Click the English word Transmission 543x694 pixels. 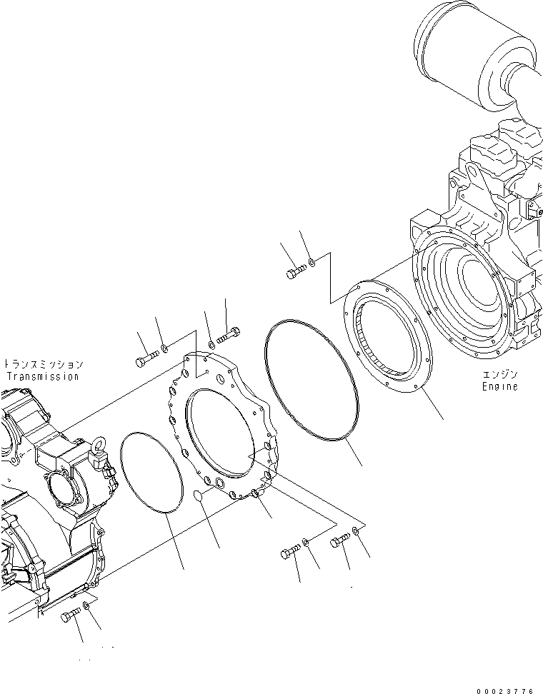(x=42, y=376)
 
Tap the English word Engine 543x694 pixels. (x=499, y=386)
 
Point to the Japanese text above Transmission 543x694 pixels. (x=44, y=364)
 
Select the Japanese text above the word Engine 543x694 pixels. (x=499, y=374)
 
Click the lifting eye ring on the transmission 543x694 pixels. (x=97, y=451)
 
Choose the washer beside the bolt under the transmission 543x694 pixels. (x=86, y=606)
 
